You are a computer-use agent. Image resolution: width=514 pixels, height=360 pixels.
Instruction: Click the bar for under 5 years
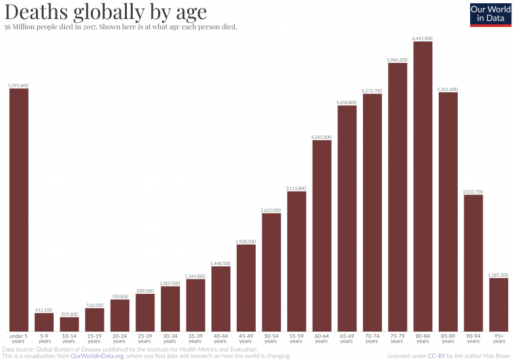click(18, 209)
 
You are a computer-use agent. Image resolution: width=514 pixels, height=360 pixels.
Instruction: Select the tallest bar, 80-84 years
click(422, 187)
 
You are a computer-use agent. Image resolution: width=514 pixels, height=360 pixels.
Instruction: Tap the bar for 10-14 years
click(69, 324)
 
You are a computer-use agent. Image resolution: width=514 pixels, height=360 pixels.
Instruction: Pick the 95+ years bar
click(498, 304)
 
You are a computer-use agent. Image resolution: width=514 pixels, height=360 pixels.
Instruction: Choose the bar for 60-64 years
click(322, 236)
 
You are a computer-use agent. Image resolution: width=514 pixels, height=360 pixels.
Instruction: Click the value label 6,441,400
click(422, 39)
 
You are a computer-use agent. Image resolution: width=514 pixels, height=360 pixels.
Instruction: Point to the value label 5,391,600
click(18, 85)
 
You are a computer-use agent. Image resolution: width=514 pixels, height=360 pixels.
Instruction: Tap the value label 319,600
click(69, 314)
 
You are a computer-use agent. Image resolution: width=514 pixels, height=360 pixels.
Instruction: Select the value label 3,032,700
click(473, 192)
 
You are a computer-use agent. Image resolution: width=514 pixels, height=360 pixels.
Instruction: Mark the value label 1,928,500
click(246, 242)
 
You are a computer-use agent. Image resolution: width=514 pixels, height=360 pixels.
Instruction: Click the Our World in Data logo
click(490, 15)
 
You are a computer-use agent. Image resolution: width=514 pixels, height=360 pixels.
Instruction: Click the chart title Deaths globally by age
click(105, 12)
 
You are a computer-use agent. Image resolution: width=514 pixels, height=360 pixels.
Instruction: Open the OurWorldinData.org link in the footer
click(97, 355)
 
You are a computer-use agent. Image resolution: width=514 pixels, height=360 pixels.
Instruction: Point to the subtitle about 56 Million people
click(120, 27)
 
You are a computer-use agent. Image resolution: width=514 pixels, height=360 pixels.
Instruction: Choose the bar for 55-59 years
click(296, 261)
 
